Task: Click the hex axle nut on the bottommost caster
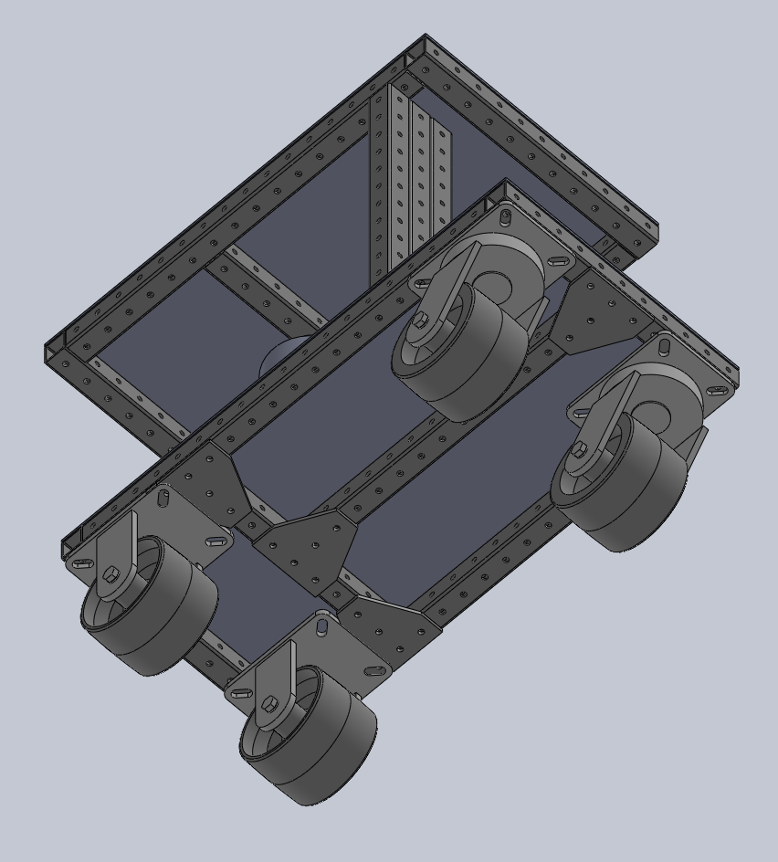270,704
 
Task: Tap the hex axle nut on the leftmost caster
110,573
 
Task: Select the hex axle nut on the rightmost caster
580,448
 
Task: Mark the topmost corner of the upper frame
426,38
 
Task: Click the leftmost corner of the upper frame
47,352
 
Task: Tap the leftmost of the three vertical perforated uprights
380,183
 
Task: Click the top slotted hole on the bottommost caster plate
321,627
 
